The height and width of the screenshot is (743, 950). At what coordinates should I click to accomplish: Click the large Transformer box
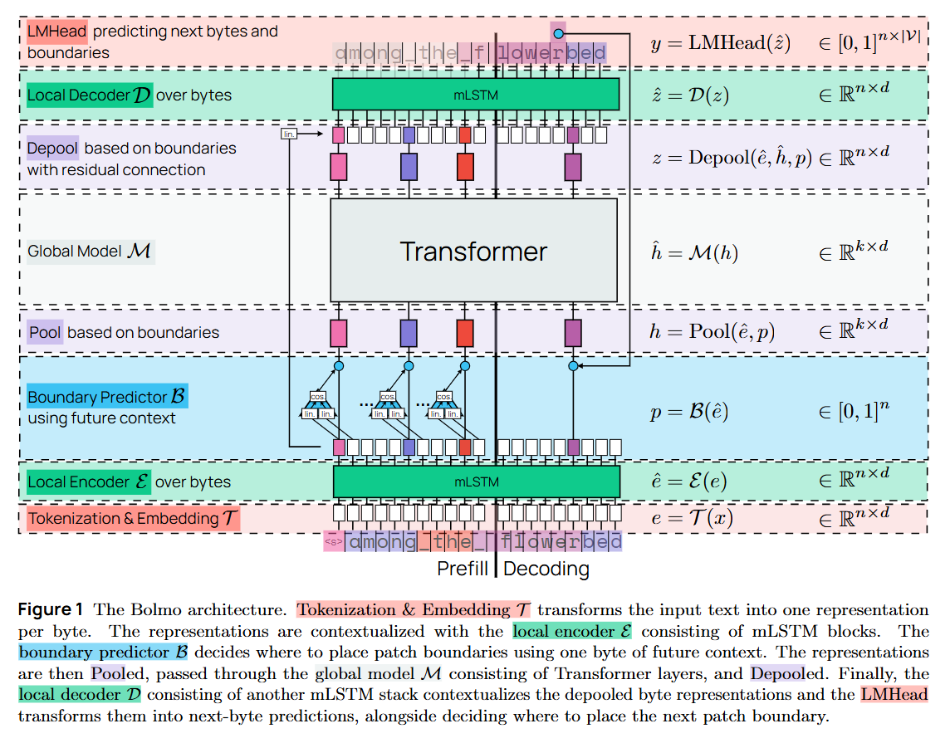point(473,251)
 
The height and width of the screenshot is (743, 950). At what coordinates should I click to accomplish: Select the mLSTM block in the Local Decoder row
point(476,95)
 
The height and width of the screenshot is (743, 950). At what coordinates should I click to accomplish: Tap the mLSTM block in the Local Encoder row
point(476,481)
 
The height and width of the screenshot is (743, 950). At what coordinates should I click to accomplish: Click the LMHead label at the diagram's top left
point(56,32)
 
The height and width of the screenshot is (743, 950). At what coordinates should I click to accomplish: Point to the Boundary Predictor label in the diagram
point(108,397)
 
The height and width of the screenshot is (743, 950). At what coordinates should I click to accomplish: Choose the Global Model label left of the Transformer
point(90,251)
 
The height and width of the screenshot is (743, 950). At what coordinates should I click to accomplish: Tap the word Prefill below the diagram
point(463,569)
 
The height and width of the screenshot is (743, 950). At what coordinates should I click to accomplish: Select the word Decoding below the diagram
point(546,569)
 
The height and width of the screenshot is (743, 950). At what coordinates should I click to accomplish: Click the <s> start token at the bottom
point(333,542)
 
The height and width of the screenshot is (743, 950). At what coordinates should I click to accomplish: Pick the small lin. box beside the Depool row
point(288,134)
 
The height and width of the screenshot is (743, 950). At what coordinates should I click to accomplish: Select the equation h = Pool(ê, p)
point(712,331)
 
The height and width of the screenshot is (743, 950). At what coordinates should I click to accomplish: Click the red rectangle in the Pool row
point(465,333)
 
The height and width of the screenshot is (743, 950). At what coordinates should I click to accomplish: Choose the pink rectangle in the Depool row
point(339,167)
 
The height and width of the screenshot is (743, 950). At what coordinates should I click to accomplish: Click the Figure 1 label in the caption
point(51,609)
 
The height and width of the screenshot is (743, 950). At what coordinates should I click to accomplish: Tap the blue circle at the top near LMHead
point(559,32)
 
